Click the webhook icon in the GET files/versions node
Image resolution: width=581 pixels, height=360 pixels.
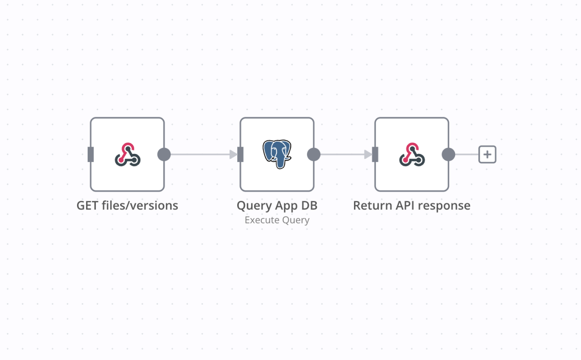coord(127,154)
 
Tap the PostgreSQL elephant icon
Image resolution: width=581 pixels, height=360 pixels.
coord(277,154)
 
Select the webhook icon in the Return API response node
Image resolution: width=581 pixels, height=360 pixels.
coord(412,154)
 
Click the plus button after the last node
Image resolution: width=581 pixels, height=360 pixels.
coord(487,154)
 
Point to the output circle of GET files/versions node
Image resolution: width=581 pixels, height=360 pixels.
coord(164,154)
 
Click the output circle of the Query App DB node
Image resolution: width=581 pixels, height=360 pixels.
coord(314,154)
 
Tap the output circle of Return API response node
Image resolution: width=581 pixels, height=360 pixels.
coord(448,154)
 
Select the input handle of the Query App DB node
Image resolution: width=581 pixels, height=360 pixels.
coord(241,154)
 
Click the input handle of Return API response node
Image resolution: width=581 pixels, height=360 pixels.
coord(375,154)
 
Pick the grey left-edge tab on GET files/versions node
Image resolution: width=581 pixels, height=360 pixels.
coord(91,154)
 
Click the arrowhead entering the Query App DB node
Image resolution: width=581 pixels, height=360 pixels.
coord(233,154)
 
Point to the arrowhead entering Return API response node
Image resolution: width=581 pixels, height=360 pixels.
coord(368,154)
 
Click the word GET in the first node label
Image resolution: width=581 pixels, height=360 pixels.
coord(87,206)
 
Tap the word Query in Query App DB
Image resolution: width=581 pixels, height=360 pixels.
coord(253,206)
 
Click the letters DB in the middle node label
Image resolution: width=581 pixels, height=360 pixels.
coord(309,206)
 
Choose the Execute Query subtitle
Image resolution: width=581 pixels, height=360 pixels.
coord(277,220)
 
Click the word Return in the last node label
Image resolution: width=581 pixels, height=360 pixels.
coord(371,206)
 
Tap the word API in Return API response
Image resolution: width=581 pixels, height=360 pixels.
coord(404,206)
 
